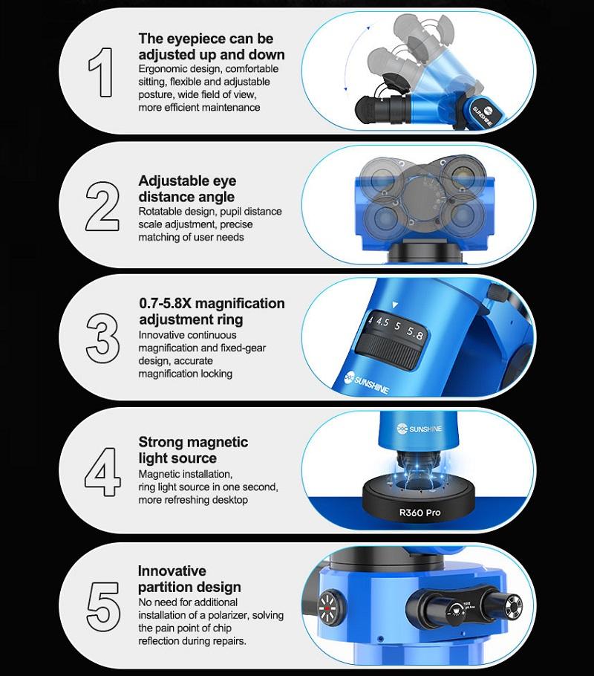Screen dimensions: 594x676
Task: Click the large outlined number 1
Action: tap(102, 72)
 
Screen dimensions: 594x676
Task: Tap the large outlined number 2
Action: tap(102, 206)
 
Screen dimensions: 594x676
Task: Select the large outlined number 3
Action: tap(102, 338)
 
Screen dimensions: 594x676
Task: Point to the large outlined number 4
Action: tap(102, 472)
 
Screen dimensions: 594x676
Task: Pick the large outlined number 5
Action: tap(103, 606)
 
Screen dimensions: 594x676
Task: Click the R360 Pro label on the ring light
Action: tap(420, 513)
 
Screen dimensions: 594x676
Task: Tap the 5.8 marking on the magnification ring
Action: tap(415, 334)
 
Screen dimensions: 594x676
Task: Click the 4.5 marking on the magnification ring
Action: tap(382, 322)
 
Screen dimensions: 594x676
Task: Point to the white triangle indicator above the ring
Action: tap(395, 305)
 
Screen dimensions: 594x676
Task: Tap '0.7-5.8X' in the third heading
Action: tap(165, 304)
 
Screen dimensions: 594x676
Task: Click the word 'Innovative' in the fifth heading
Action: tap(172, 571)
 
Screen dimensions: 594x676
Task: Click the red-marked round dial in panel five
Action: tap(331, 608)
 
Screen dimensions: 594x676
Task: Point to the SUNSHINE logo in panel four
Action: tap(420, 429)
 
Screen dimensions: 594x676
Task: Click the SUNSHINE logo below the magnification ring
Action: tap(367, 383)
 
